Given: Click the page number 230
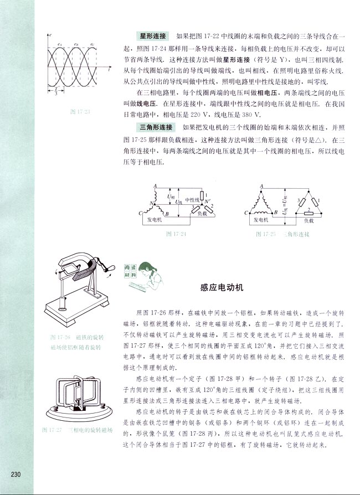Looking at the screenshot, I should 16,474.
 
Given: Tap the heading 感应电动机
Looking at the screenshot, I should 222,288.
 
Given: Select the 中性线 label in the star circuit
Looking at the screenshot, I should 192,199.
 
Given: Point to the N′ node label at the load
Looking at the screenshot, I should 207,202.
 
